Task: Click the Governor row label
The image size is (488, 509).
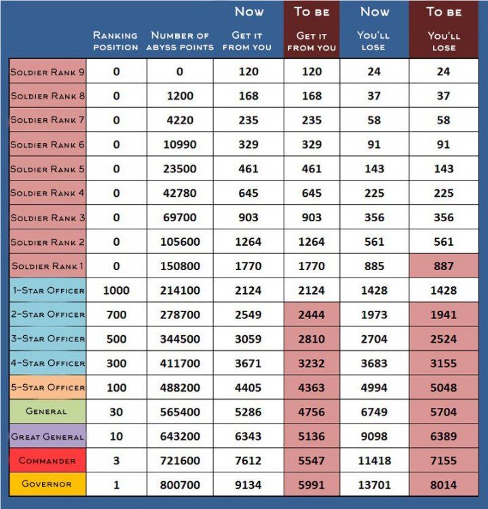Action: (x=47, y=485)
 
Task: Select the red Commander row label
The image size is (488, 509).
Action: (x=47, y=461)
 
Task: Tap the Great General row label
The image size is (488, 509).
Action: (x=47, y=436)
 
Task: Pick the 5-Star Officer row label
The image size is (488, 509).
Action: (x=47, y=388)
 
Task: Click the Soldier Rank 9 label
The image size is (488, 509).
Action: (x=47, y=72)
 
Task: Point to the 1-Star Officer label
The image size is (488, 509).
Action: (x=47, y=290)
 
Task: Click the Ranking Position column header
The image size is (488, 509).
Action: (x=115, y=41)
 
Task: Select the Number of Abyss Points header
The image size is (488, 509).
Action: (x=180, y=41)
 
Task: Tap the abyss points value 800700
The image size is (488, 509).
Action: (x=180, y=485)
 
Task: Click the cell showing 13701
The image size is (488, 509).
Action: (x=374, y=485)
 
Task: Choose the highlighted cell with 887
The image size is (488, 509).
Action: (x=443, y=266)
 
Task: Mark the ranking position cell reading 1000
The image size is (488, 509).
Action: (x=116, y=290)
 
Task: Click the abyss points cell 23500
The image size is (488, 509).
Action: (x=180, y=169)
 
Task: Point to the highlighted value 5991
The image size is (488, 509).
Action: (x=312, y=485)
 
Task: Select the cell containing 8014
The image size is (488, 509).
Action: (x=443, y=485)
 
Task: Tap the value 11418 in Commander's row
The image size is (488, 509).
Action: (x=374, y=461)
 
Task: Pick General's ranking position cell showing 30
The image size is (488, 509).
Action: (x=116, y=412)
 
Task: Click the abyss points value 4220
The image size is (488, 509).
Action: (x=180, y=120)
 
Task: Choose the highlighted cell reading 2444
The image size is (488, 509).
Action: (x=312, y=315)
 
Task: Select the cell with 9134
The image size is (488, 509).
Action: (x=248, y=485)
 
